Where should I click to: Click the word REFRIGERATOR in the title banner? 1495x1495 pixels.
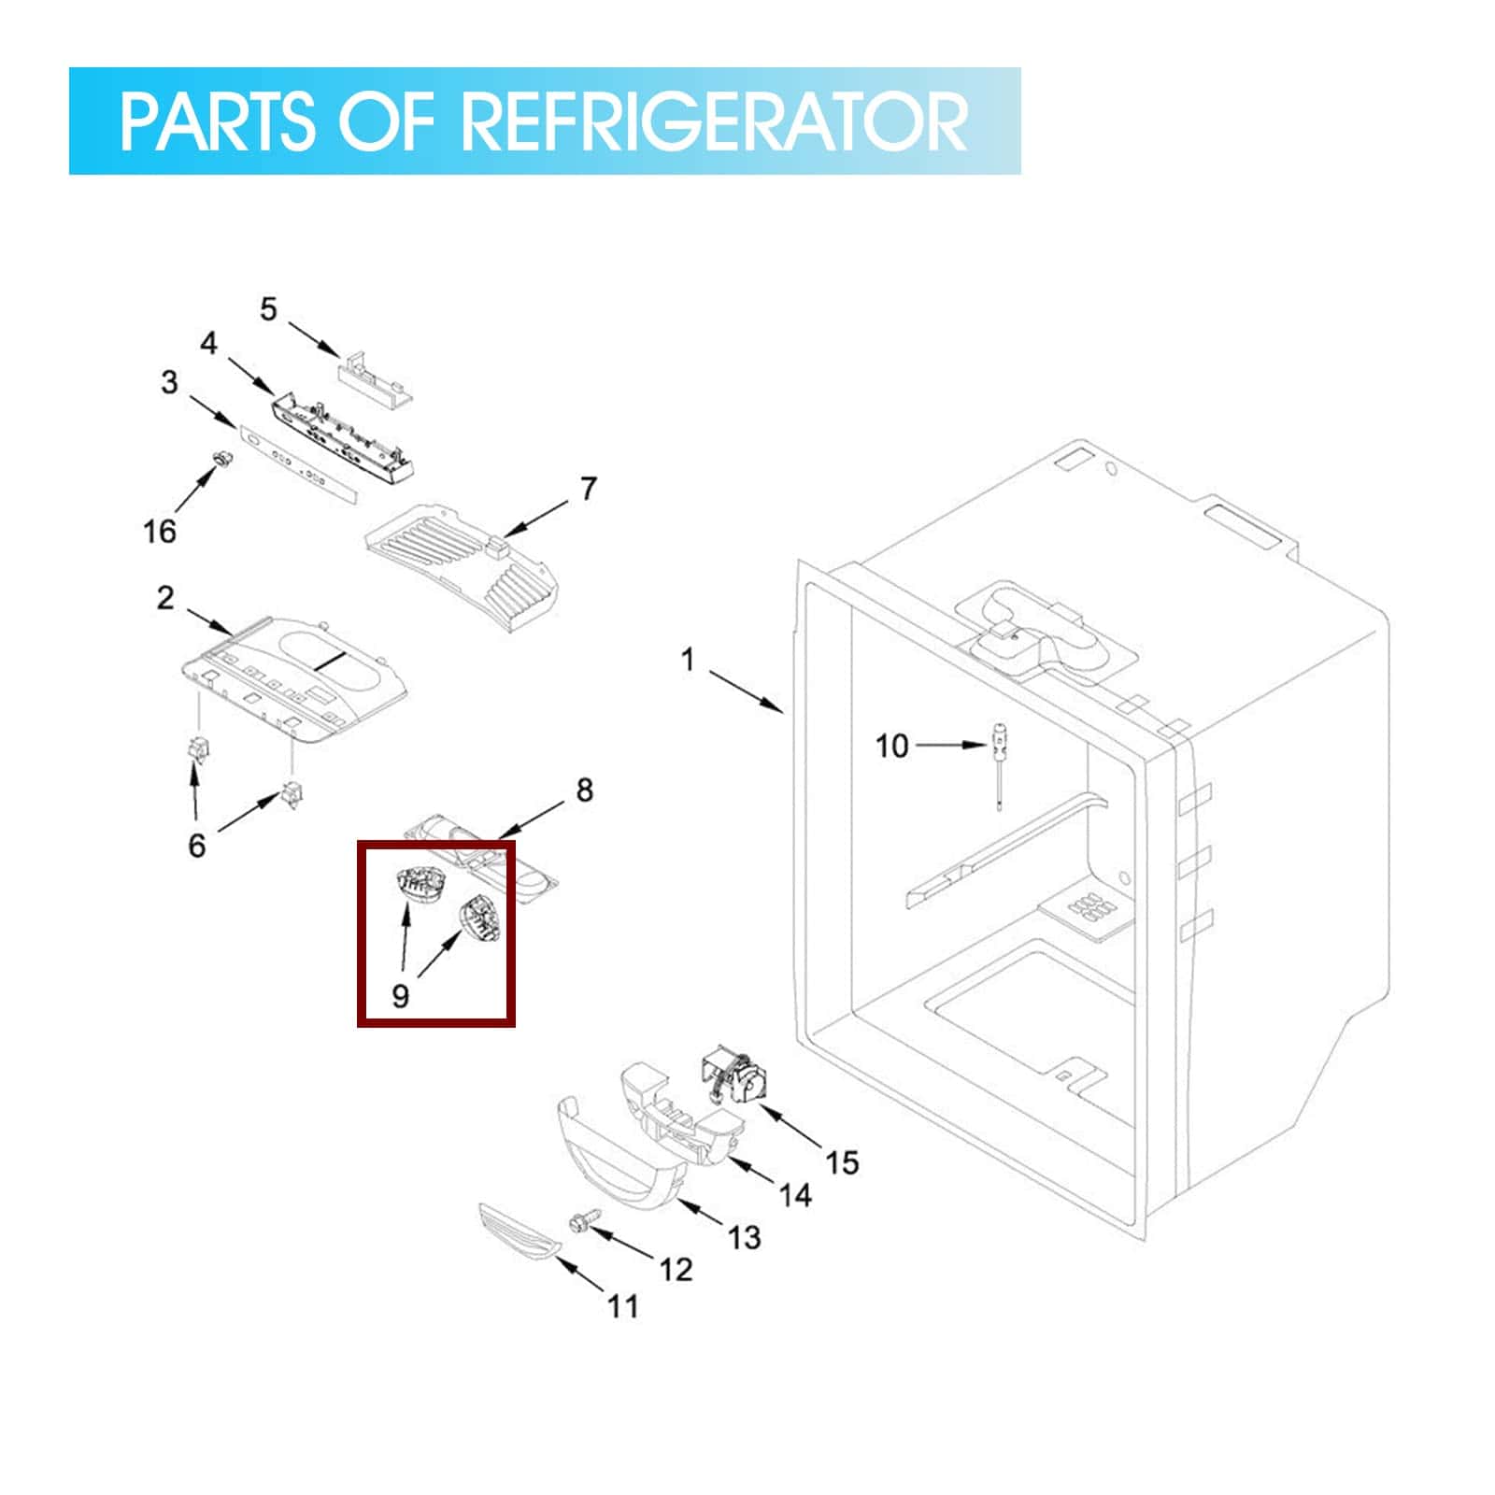pos(715,121)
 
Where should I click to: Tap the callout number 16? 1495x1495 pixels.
pos(160,532)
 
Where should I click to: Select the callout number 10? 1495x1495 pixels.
pos(891,746)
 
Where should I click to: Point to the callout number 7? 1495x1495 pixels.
pos(588,489)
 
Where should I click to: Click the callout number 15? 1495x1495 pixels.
pos(842,1162)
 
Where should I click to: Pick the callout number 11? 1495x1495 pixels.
pos(623,1305)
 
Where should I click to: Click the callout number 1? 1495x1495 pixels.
pos(689,661)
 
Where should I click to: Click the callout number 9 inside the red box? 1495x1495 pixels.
pos(400,996)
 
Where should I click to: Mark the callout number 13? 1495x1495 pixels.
pos(745,1237)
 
